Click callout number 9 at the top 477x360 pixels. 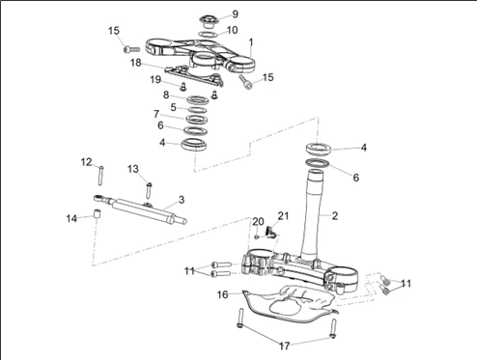click(235, 14)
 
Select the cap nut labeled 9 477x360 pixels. click(209, 21)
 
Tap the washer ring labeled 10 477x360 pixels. click(208, 34)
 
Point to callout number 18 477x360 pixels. click(136, 63)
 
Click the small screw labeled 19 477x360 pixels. click(183, 86)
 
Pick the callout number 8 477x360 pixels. click(166, 95)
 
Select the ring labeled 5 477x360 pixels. click(197, 110)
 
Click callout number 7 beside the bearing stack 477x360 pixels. click(156, 114)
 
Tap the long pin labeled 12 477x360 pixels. click(100, 175)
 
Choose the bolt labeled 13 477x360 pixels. click(149, 190)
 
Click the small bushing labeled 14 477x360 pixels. click(98, 213)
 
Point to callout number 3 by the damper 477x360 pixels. click(182, 200)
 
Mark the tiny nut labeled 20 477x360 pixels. click(257, 236)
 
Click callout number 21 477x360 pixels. click(283, 216)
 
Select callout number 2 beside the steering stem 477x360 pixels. click(335, 215)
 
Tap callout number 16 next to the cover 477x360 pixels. click(222, 294)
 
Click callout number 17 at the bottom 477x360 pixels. click(284, 346)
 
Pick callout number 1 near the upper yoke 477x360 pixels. click(251, 42)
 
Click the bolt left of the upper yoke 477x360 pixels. click(131, 49)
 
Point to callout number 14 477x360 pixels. click(71, 218)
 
